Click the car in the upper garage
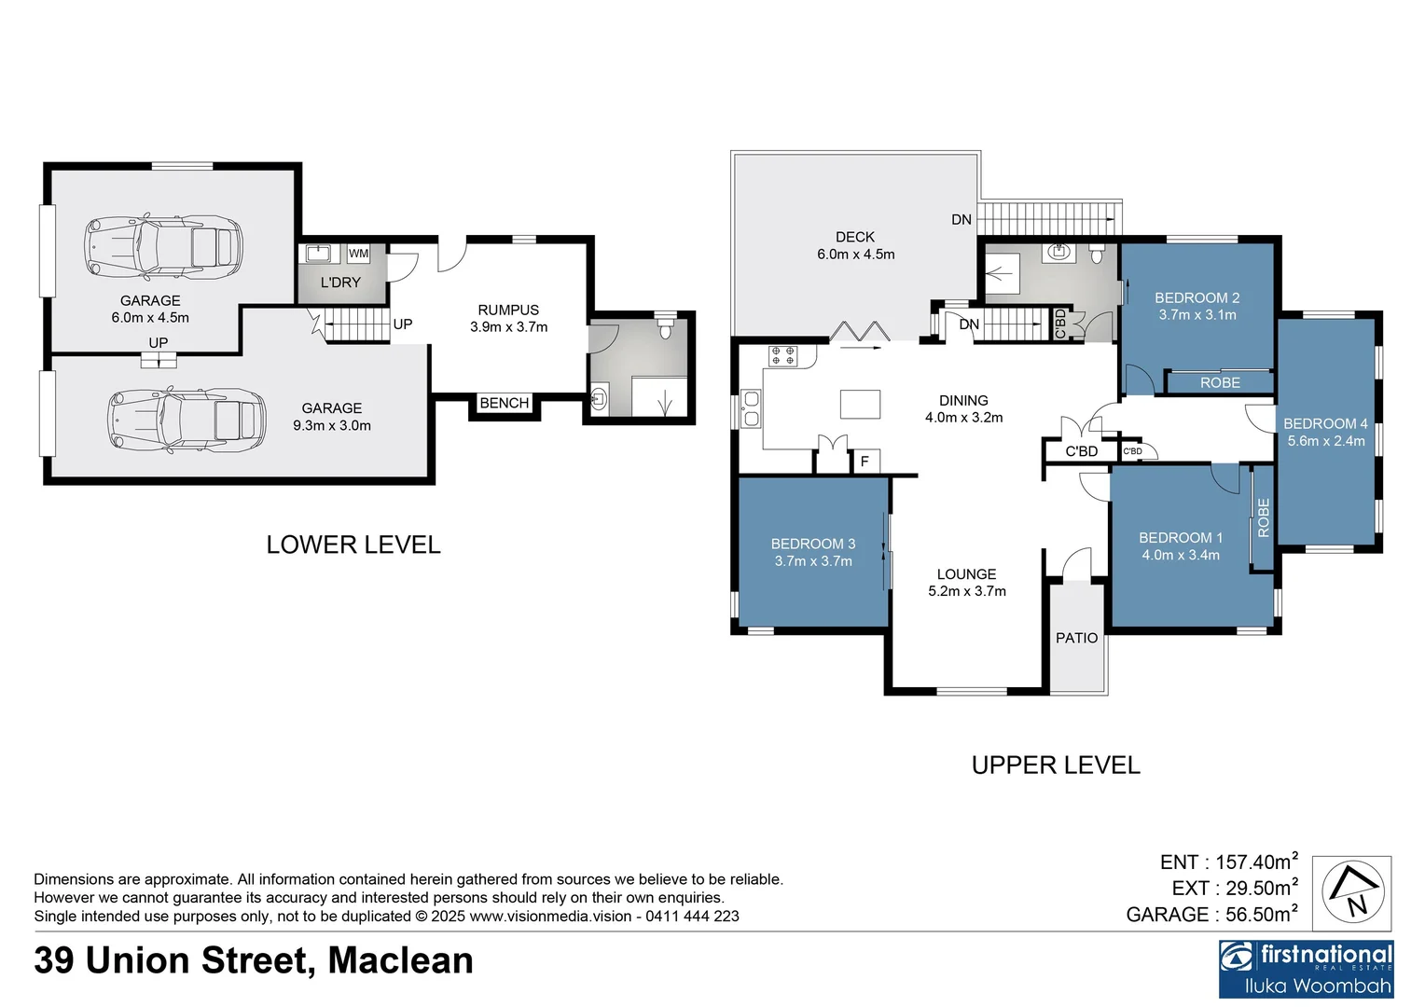pyautogui.click(x=163, y=248)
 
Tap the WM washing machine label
pyautogui.click(x=358, y=254)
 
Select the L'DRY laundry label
pyautogui.click(x=340, y=283)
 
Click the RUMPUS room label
pyautogui.click(x=508, y=310)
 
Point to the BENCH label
pyautogui.click(x=504, y=403)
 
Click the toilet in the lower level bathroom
pyautogui.click(x=665, y=328)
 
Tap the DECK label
pyautogui.click(x=854, y=238)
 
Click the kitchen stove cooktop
pyautogui.click(x=782, y=355)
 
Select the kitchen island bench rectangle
pyautogui.click(x=860, y=404)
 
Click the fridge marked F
pyautogui.click(x=865, y=462)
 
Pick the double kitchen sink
pyautogui.click(x=751, y=409)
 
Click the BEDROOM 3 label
pyautogui.click(x=812, y=544)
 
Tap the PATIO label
pyautogui.click(x=1076, y=638)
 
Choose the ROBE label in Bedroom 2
pyautogui.click(x=1220, y=382)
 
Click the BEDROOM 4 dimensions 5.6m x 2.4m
pyautogui.click(x=1325, y=441)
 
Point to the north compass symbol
pyautogui.click(x=1352, y=893)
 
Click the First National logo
pyautogui.click(x=1306, y=968)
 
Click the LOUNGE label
pyautogui.click(x=966, y=574)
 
